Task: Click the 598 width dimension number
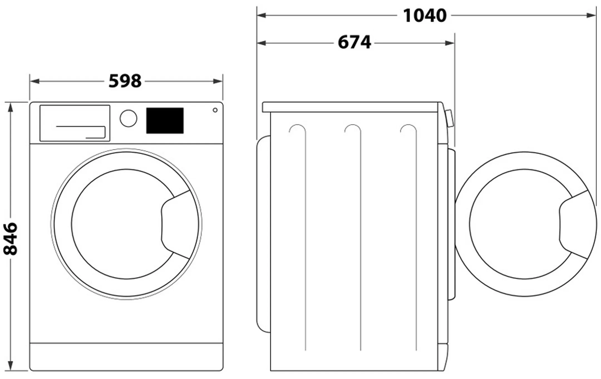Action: (x=125, y=81)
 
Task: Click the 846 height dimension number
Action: (x=11, y=238)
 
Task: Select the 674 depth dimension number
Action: (x=354, y=43)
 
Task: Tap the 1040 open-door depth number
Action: (x=425, y=16)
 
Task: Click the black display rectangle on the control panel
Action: (x=165, y=120)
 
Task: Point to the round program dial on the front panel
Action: (x=128, y=118)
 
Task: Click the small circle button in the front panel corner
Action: (x=215, y=110)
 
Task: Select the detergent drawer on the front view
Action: (x=75, y=123)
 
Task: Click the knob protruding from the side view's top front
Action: (x=450, y=119)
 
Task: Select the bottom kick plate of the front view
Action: (x=126, y=356)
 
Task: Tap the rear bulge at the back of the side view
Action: (x=263, y=234)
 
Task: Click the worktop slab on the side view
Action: (x=351, y=107)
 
